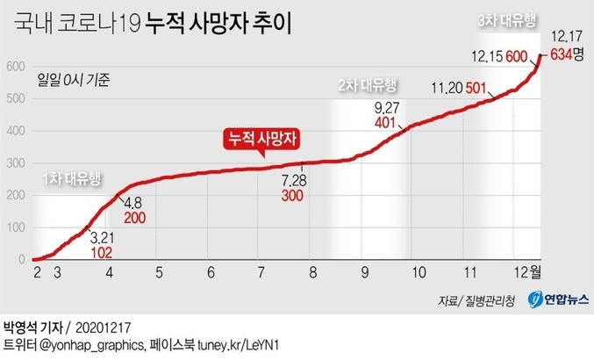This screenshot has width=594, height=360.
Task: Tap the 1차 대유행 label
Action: point(73,178)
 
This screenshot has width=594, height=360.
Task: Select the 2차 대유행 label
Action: point(368,86)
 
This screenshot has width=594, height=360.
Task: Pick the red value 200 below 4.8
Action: point(134,217)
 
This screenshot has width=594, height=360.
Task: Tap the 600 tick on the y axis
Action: point(15,66)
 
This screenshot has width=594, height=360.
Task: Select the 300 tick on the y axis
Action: point(15,163)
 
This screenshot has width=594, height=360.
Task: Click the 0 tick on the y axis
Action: point(22,260)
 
